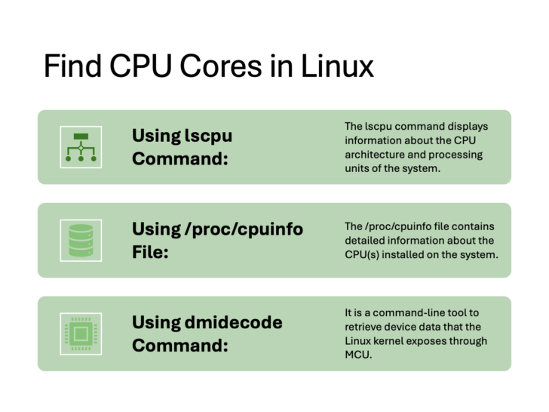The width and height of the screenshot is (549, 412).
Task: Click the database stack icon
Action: (x=81, y=240)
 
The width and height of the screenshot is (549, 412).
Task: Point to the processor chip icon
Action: (x=81, y=334)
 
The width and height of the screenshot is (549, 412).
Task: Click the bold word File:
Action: (x=150, y=253)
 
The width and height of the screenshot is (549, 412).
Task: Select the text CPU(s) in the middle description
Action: (x=362, y=254)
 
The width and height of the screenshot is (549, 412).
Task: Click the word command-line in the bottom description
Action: (x=406, y=312)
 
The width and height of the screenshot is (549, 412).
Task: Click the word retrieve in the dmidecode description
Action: (x=365, y=326)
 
